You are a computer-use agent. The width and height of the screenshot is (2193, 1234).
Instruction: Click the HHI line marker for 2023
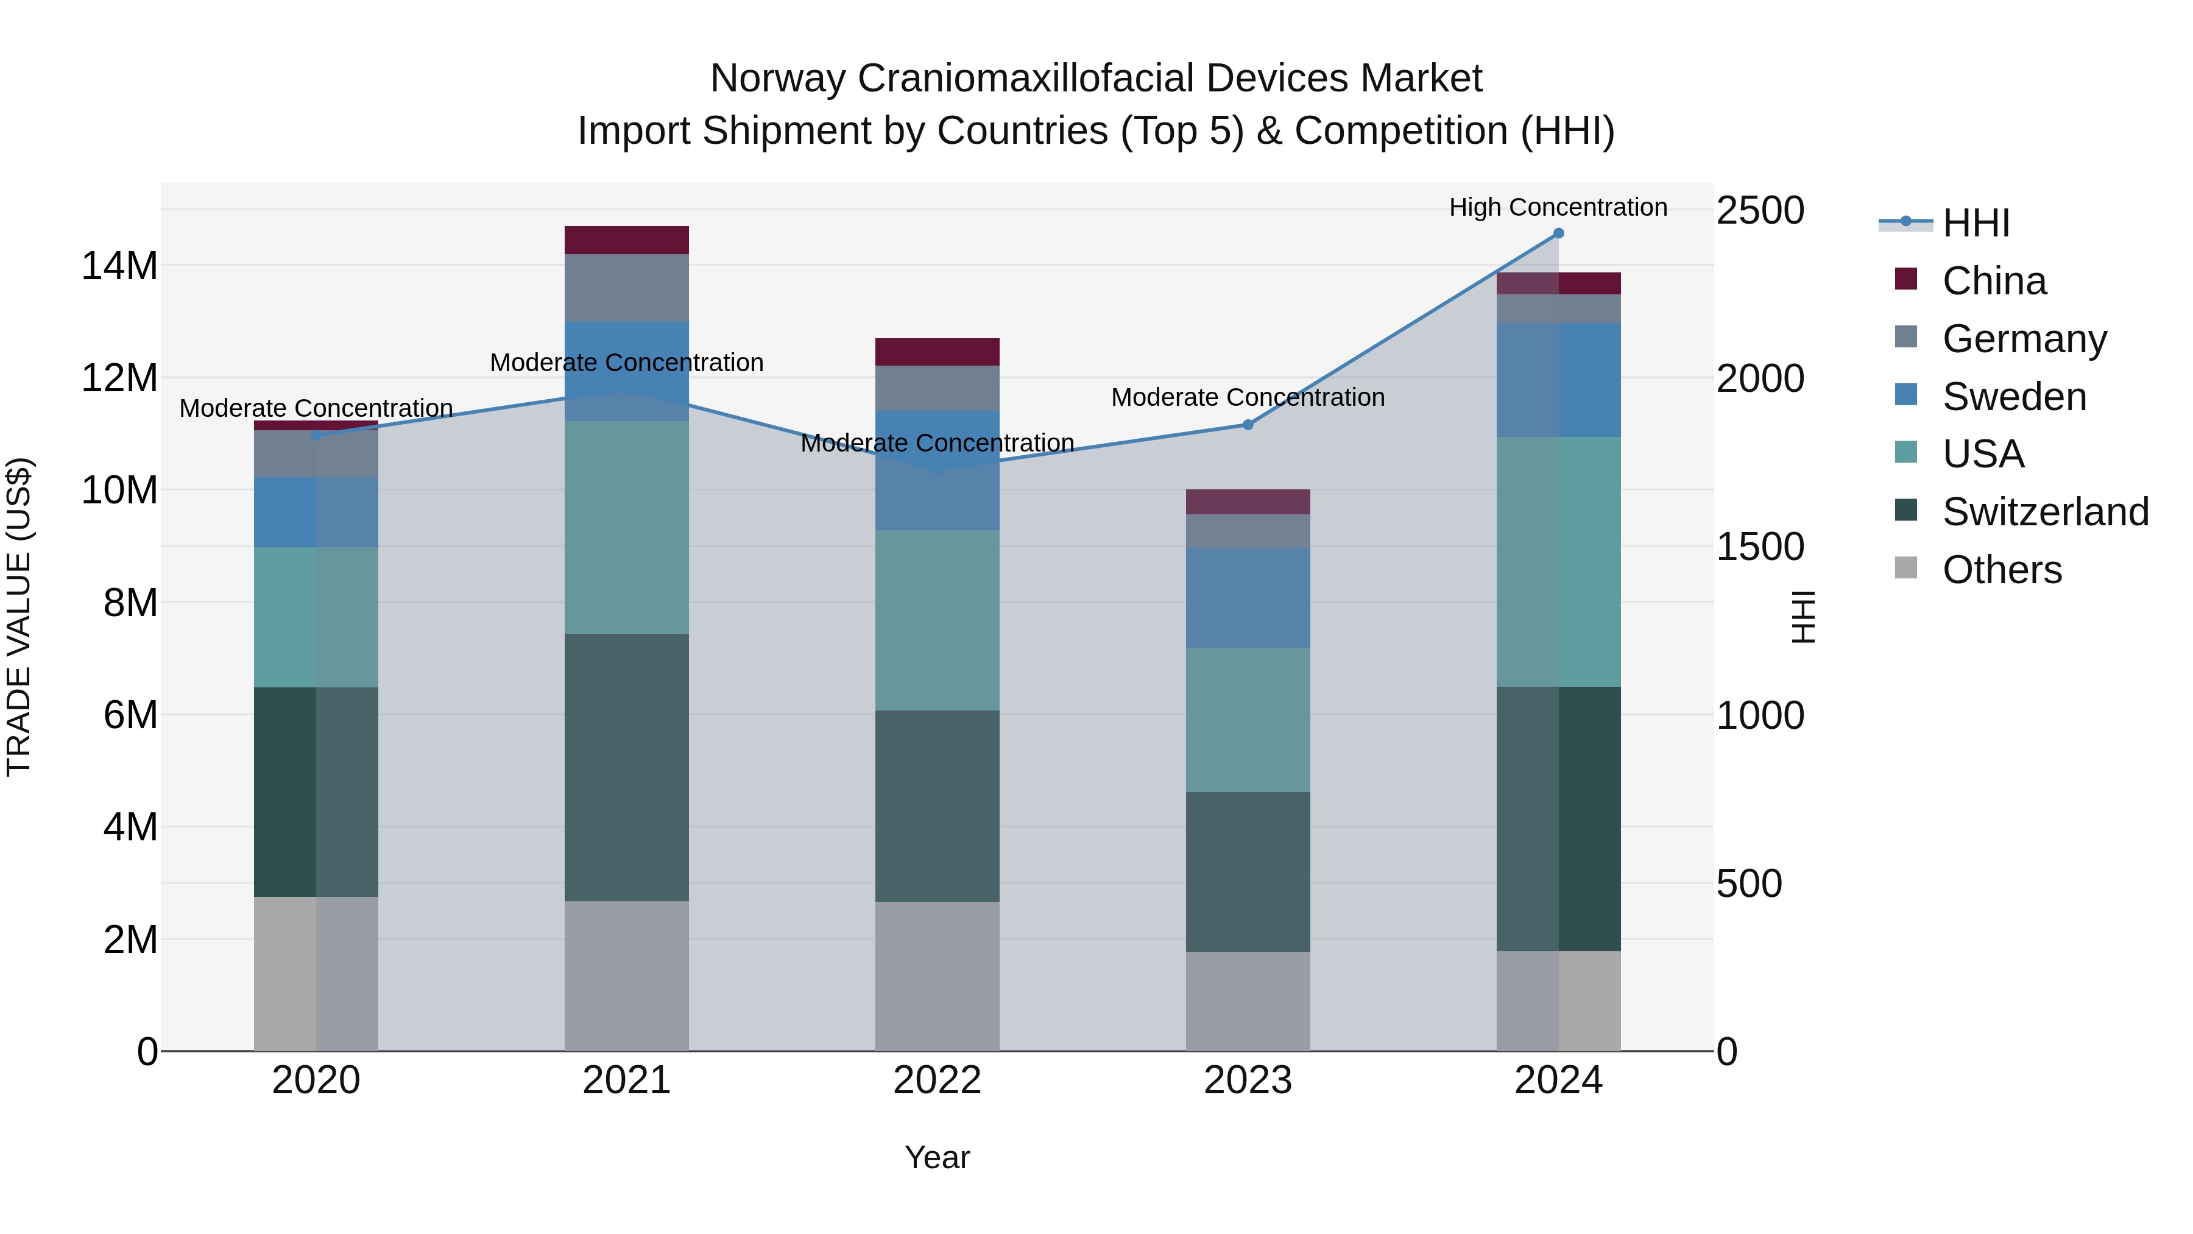1248,424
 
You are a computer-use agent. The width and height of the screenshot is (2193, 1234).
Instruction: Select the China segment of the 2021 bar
627,240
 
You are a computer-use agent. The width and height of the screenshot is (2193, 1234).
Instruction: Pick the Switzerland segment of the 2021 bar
627,767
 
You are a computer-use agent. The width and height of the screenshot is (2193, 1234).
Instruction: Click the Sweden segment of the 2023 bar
1248,598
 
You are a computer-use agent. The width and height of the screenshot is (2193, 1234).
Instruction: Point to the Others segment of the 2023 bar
1248,1001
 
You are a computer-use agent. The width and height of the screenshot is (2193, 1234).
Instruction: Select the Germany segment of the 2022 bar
938,388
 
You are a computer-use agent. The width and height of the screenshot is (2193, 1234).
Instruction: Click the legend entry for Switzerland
2045,512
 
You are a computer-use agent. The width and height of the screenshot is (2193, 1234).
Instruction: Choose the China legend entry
1994,281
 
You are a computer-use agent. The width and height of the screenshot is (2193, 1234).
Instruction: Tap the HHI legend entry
1975,223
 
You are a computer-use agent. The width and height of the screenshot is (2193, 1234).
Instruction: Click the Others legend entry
2002,570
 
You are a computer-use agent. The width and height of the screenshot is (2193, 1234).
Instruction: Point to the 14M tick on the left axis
119,266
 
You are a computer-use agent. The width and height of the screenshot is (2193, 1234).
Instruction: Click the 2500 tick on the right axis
1760,210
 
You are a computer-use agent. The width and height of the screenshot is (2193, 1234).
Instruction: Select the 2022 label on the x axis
938,1080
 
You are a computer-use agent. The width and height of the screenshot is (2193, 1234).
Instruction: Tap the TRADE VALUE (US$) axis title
19,617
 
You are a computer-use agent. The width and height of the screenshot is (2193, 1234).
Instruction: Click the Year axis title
938,1157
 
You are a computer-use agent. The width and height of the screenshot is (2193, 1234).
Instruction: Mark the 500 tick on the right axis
1748,884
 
